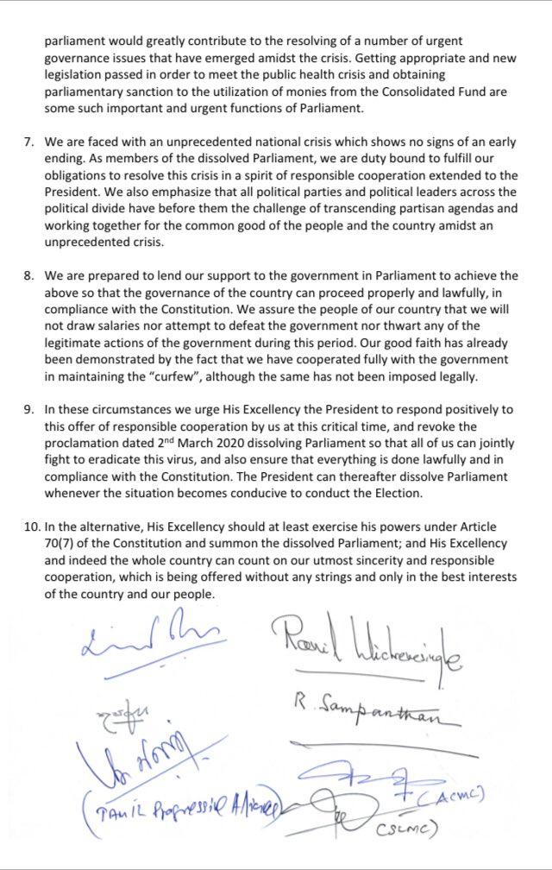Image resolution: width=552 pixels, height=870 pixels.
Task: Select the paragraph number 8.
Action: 27,275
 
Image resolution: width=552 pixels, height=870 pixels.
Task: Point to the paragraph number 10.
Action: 30,526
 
